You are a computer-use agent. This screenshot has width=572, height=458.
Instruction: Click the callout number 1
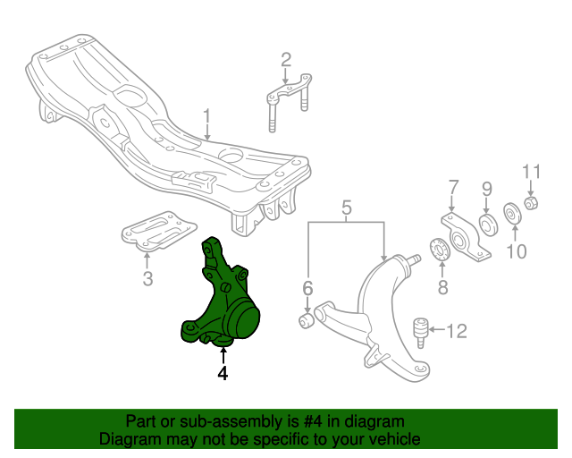tap(206, 116)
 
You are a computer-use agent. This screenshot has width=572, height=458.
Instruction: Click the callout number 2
tap(286, 60)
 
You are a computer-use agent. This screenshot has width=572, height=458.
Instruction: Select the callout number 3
tap(148, 279)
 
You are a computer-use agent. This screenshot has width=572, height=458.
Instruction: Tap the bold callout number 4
tap(223, 374)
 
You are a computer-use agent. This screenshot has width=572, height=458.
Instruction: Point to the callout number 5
tap(346, 211)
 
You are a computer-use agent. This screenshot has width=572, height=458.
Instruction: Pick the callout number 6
tap(307, 288)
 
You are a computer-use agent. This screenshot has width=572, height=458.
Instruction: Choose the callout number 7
tap(453, 187)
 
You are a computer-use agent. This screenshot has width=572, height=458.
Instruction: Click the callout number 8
tap(442, 287)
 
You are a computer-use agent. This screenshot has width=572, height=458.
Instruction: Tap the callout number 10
tap(517, 251)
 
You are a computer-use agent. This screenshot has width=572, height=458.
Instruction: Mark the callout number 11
tap(532, 171)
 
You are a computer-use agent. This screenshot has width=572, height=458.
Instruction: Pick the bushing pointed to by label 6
tap(306, 318)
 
